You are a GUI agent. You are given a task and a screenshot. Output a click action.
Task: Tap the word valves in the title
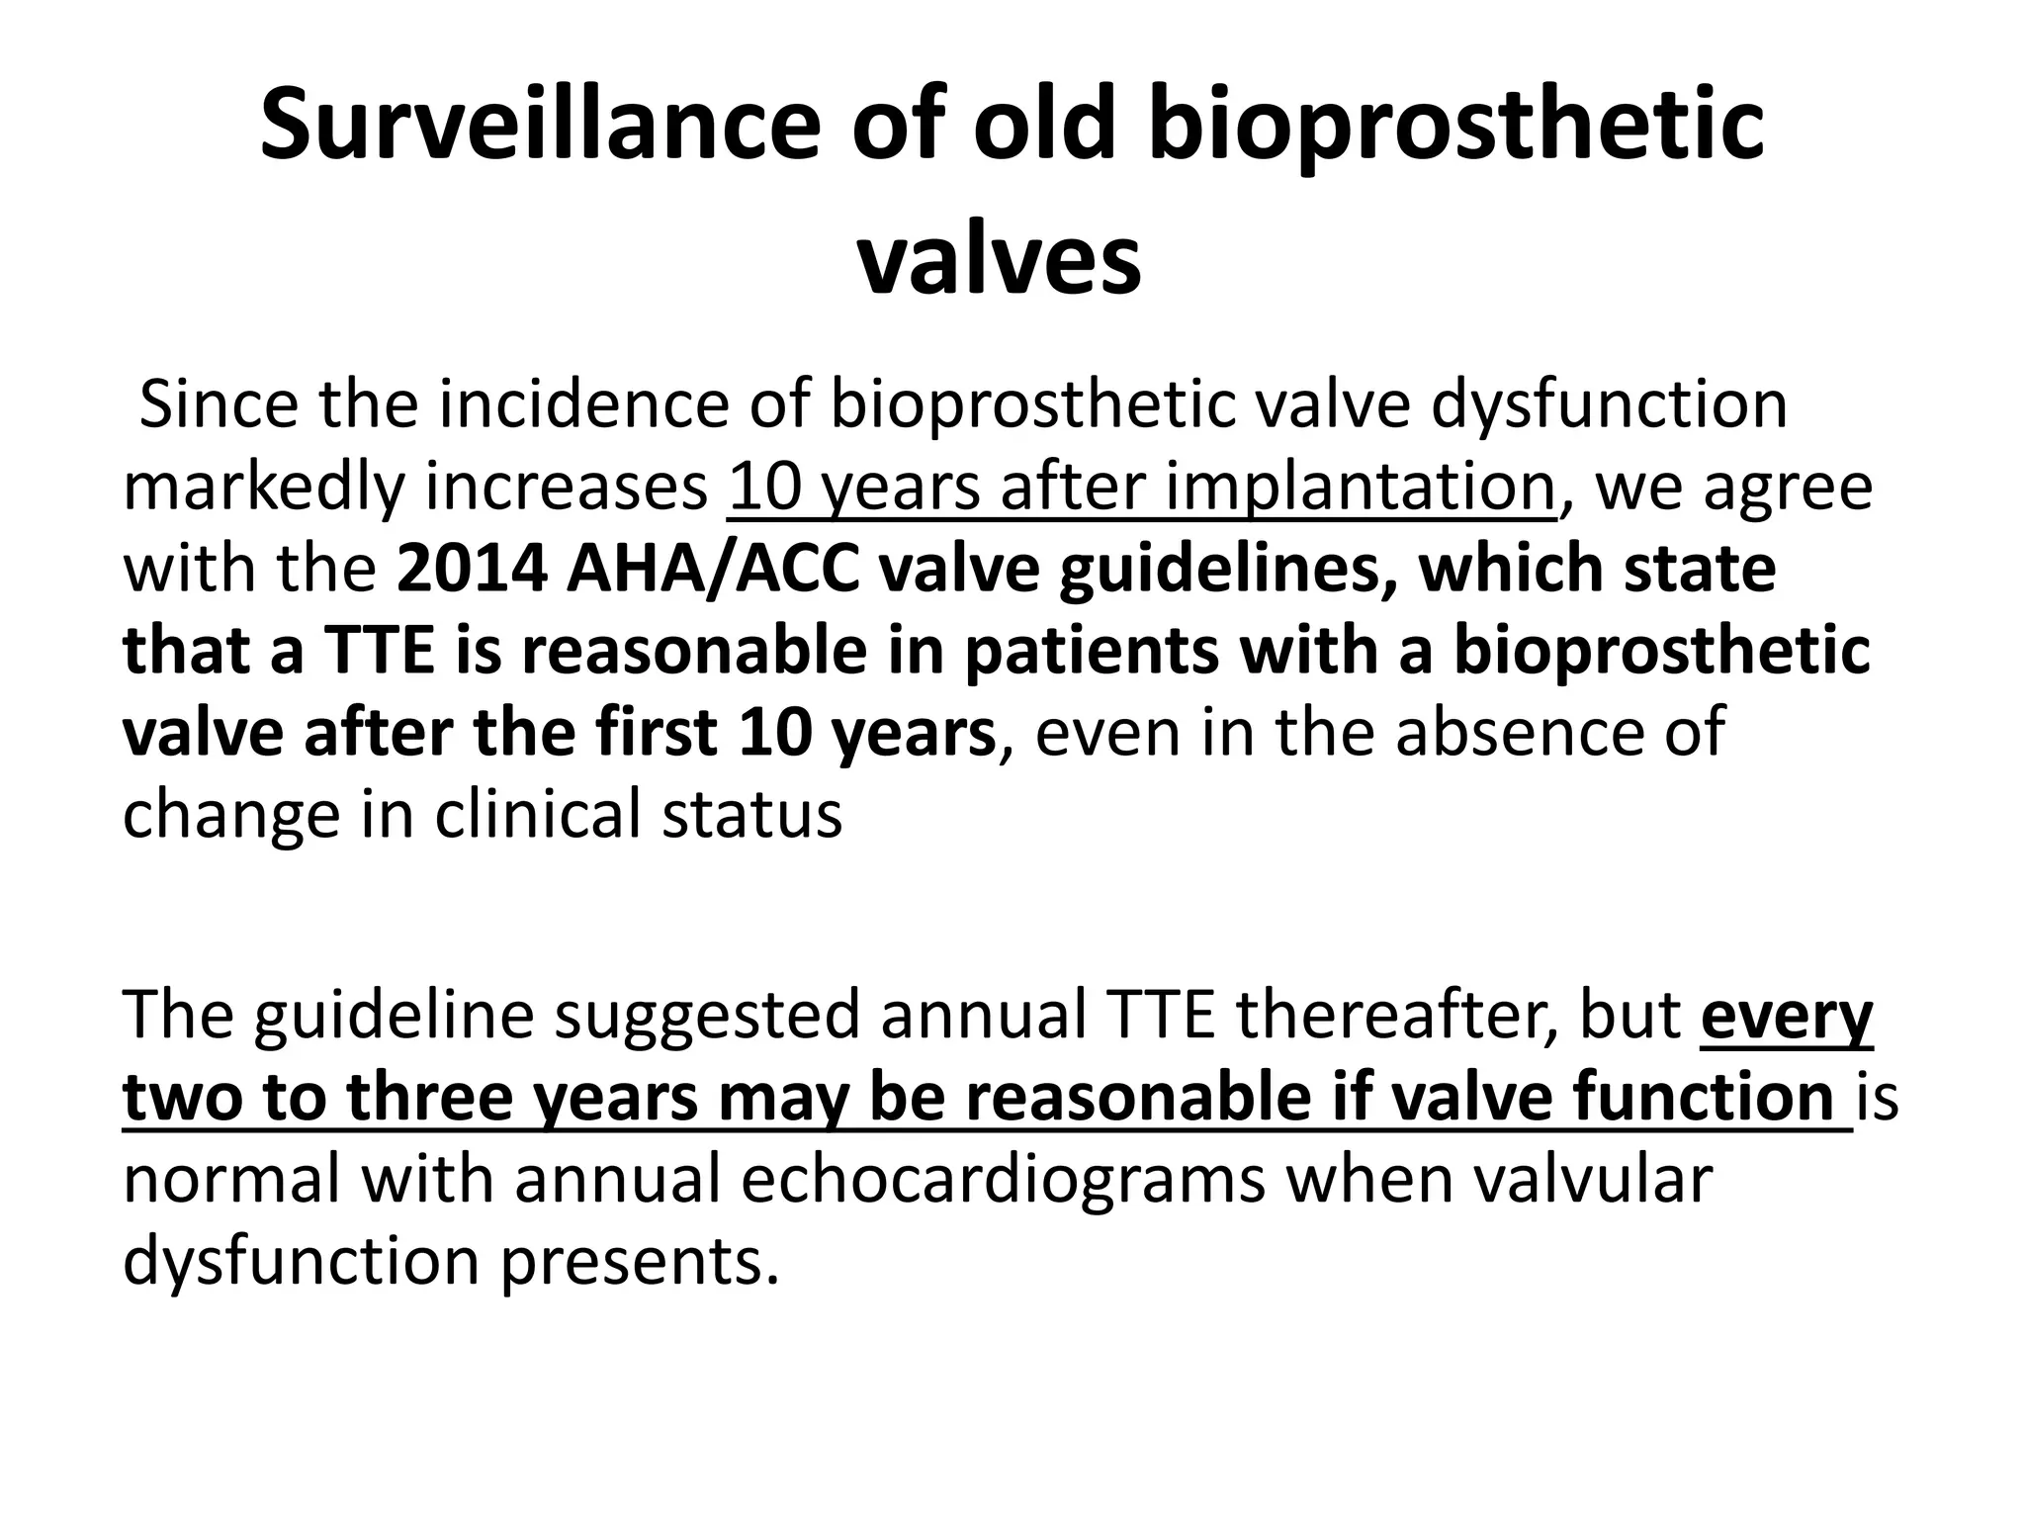coord(999,261)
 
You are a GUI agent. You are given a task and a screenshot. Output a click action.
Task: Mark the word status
coord(751,816)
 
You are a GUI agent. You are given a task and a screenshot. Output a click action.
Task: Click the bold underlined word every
coord(1786,1017)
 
